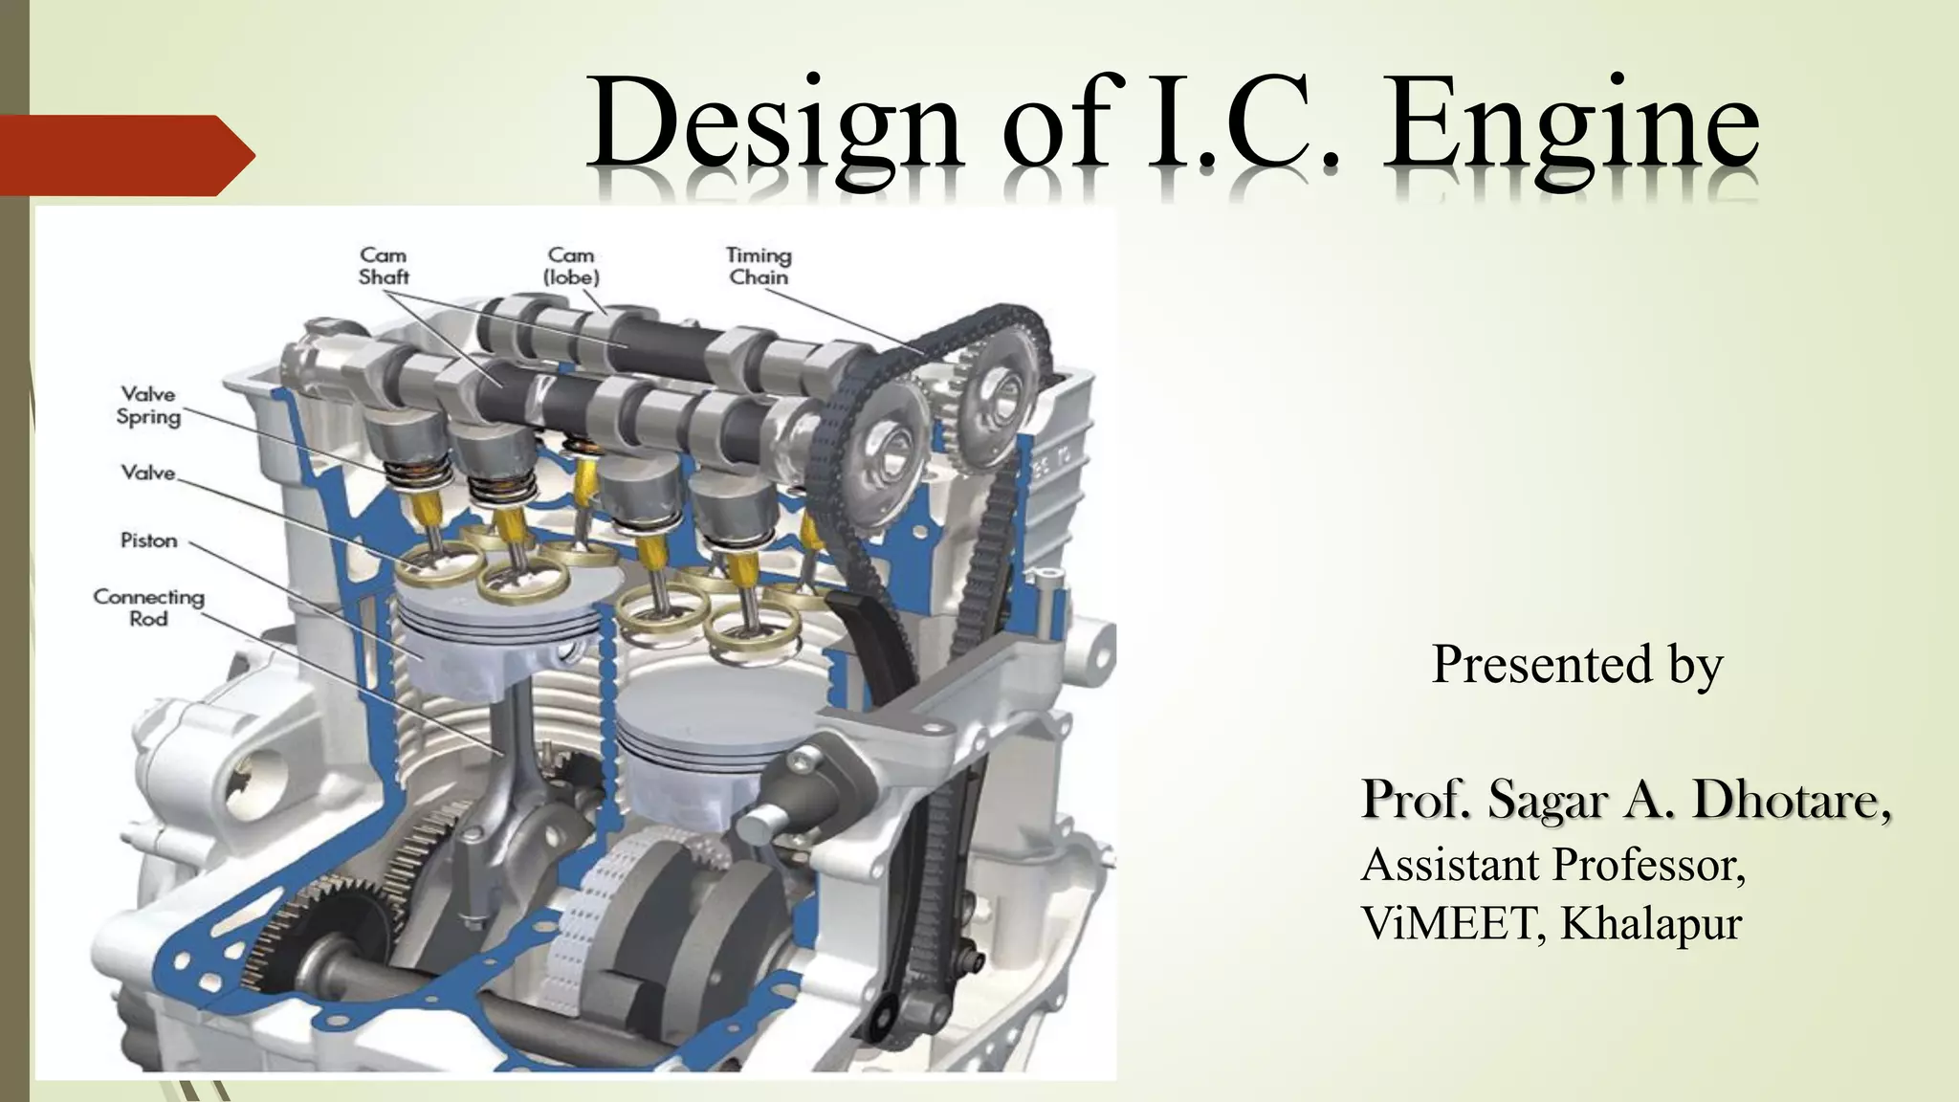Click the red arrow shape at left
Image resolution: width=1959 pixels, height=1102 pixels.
coord(124,155)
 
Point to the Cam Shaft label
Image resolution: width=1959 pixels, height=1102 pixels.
coord(384,266)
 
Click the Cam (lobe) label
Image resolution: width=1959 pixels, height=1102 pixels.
coord(571,266)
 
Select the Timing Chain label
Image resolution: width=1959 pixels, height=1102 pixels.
coord(759,266)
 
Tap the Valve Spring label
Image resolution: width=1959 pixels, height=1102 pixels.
coord(149,405)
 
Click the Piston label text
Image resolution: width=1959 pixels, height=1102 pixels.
coord(149,540)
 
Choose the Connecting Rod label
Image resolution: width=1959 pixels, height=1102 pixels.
coord(149,607)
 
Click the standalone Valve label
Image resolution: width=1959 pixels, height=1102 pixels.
coord(149,473)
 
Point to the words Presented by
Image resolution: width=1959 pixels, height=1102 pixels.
coord(1576,664)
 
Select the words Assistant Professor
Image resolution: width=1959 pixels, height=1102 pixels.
coord(1552,865)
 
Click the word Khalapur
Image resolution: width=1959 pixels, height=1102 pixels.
coord(1651,923)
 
